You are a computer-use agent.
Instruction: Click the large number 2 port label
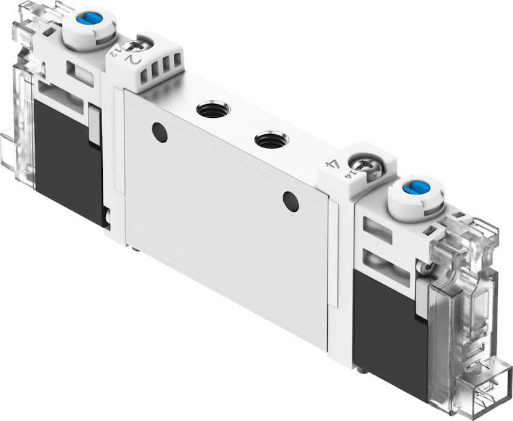(x=135, y=60)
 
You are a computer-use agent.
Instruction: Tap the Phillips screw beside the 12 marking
(x=137, y=45)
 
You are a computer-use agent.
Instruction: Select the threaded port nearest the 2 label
(x=213, y=109)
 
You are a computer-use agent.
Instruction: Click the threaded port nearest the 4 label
(x=272, y=140)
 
